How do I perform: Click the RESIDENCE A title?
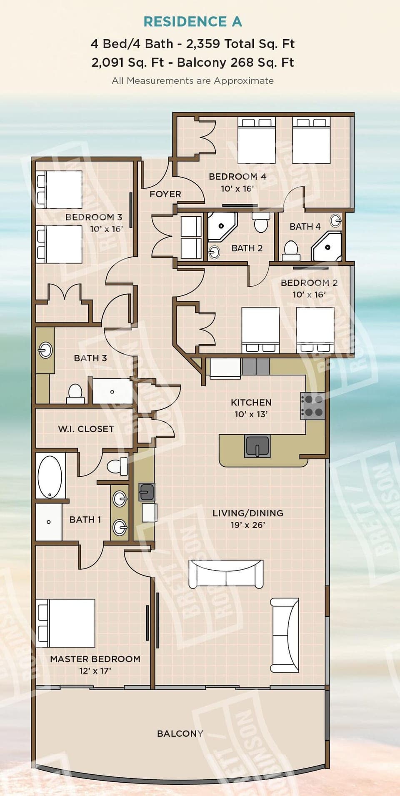[x=192, y=22]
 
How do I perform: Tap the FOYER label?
[x=165, y=194]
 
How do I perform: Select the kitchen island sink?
[x=257, y=446]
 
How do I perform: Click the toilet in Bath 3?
[x=75, y=393]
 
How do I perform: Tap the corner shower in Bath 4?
[x=327, y=247]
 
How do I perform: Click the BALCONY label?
[x=180, y=733]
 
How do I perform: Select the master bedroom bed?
[x=66, y=623]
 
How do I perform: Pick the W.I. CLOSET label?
[x=86, y=429]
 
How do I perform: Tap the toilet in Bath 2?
[x=261, y=223]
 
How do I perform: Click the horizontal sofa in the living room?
[x=226, y=574]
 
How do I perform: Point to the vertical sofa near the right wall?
[x=285, y=635]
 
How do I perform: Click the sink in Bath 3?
[x=45, y=350]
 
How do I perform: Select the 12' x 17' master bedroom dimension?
[x=95, y=671]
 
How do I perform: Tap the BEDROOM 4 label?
[x=237, y=177]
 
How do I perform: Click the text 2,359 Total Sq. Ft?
[x=240, y=44]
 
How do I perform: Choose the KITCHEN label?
[x=251, y=403]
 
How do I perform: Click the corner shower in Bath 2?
[x=222, y=226]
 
